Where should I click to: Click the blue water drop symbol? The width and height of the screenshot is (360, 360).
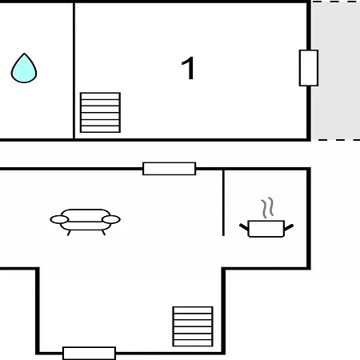coord(24,68)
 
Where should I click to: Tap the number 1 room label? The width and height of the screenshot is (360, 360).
coord(188,68)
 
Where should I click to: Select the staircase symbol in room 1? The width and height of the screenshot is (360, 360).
coord(100,113)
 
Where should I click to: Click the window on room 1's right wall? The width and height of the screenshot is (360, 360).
coord(309,68)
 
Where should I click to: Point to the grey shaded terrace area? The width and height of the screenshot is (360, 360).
coord(336,70)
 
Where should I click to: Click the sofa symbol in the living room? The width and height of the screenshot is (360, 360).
coord(86,222)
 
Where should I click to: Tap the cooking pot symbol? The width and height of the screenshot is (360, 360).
coord(266,228)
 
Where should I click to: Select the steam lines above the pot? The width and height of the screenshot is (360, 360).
coord(267,207)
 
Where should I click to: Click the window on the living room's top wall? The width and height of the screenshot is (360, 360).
coord(170,169)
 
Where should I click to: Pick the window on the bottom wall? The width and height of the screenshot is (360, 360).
coord(89,354)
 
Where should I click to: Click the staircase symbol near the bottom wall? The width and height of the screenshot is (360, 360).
coord(193,326)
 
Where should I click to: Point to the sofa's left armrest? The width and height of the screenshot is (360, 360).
coord(59,219)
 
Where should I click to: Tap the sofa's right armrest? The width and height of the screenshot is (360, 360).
coord(111,219)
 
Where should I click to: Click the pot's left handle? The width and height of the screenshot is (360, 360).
coord(244,227)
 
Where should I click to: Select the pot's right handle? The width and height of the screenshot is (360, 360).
coord(289,227)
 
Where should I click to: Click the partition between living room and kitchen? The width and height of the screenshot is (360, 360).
coord(223,202)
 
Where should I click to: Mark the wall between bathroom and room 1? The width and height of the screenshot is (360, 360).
coord(74,70)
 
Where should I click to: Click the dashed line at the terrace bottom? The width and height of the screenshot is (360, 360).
coord(336,139)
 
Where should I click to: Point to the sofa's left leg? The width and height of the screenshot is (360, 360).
coord(69,233)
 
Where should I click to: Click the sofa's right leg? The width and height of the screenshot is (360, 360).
coord(103,233)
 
